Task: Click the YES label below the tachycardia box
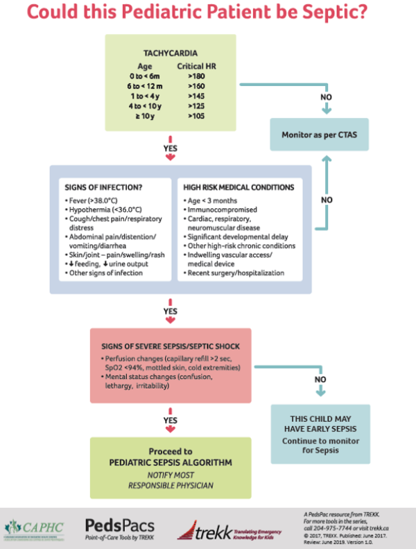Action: click(x=170, y=148)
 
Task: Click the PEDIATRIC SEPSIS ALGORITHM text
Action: click(x=170, y=462)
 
